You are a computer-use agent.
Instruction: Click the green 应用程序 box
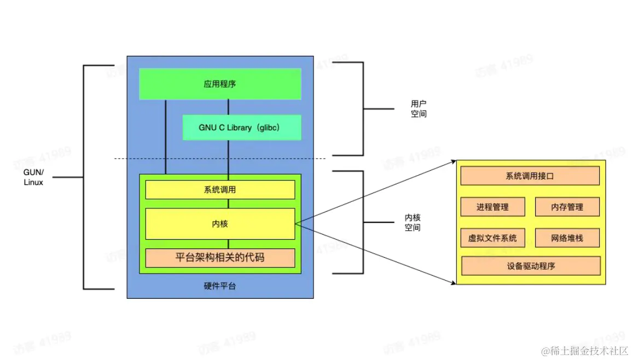click(x=220, y=84)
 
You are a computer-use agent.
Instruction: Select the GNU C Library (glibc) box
click(x=242, y=127)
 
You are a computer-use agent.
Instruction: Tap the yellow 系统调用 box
click(x=220, y=190)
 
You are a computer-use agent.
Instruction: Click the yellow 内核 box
click(x=220, y=224)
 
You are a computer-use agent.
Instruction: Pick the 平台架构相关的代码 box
click(x=220, y=257)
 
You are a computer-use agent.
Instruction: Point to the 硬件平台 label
click(x=219, y=286)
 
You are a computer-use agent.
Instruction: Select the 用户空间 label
click(x=419, y=109)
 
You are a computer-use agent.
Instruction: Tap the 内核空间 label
click(x=413, y=223)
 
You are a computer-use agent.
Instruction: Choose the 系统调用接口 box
click(x=530, y=176)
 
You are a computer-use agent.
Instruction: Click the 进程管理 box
click(x=492, y=207)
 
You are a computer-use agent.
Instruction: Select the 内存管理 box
click(x=567, y=207)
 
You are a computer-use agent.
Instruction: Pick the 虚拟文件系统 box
click(x=492, y=238)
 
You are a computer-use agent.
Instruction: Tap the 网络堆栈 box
click(x=567, y=238)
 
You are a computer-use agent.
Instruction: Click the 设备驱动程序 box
click(x=531, y=266)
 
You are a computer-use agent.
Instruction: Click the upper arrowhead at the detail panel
click(x=453, y=161)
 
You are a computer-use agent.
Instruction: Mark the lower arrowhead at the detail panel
click(x=453, y=283)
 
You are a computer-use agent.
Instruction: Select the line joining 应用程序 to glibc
click(x=228, y=107)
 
